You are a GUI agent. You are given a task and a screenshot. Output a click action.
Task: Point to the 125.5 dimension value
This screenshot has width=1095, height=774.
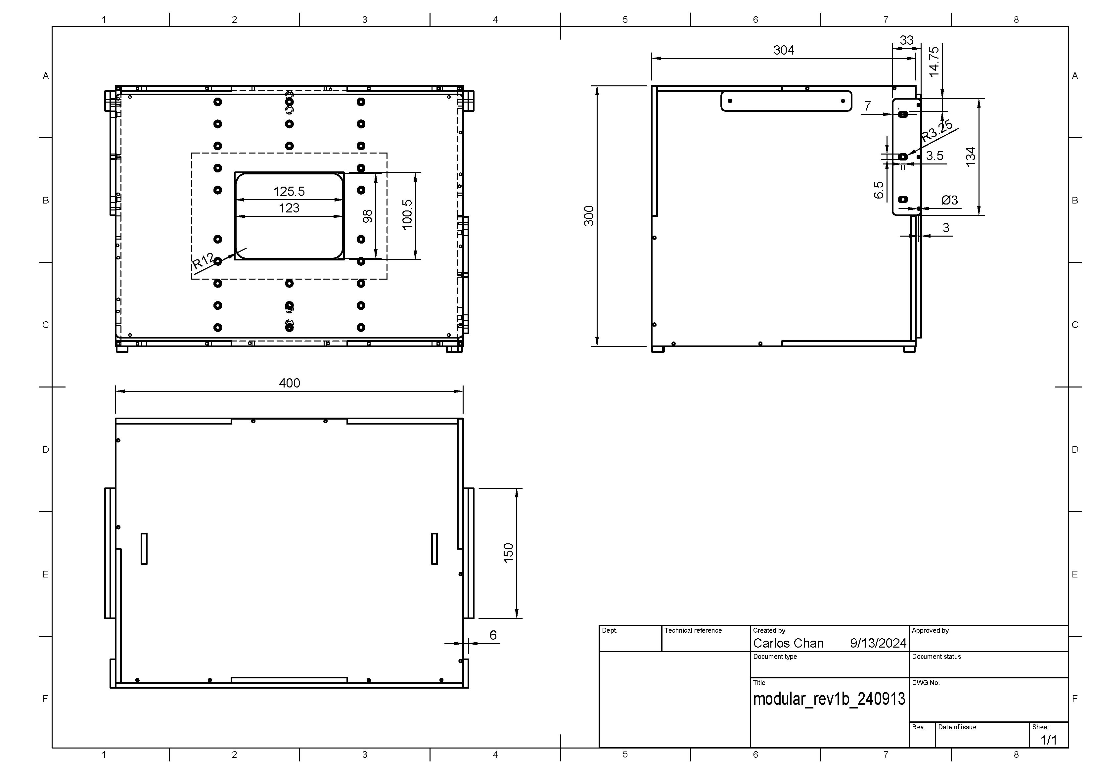[289, 192]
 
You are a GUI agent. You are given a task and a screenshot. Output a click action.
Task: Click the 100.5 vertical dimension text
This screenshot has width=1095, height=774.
[407, 215]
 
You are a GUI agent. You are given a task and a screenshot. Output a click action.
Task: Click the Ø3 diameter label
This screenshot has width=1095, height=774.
[949, 200]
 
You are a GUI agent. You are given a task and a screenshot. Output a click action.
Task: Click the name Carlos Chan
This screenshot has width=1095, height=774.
[788, 643]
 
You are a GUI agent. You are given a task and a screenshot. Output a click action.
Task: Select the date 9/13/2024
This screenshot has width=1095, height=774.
[878, 643]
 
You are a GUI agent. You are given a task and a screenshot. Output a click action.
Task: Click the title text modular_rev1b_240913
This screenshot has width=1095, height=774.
[829, 699]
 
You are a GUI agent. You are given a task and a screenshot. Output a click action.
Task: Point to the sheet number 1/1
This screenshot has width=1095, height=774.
[1048, 740]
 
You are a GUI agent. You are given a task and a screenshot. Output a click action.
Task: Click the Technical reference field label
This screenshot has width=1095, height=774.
[693, 630]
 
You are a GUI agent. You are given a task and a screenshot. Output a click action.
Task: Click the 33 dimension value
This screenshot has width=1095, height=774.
[906, 40]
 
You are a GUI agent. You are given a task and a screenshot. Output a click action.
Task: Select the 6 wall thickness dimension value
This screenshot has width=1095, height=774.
[493, 635]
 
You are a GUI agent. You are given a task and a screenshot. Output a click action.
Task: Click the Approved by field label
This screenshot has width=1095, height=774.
[930, 630]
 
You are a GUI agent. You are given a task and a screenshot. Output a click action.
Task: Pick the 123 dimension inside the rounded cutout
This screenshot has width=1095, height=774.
[289, 208]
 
